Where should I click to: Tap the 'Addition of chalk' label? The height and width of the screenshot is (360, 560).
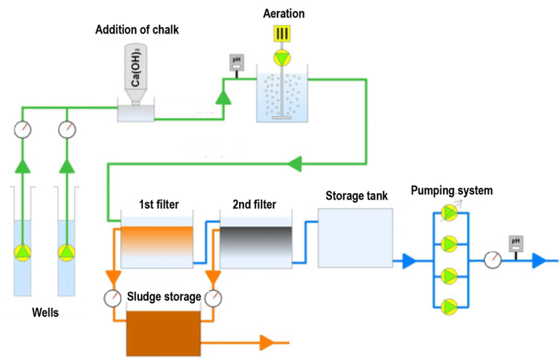click(136, 30)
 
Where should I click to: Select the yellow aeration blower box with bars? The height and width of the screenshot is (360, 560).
click(283, 33)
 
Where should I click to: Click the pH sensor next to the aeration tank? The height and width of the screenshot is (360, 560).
click(236, 63)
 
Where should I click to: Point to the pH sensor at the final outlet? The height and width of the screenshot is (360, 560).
click(516, 244)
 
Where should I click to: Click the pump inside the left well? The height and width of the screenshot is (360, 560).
click(23, 252)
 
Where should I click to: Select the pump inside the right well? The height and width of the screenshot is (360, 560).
click(68, 252)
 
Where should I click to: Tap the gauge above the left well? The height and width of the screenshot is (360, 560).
click(23, 129)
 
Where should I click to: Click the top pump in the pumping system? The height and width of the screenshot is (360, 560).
click(449, 214)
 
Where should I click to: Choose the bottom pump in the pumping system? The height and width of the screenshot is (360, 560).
click(449, 306)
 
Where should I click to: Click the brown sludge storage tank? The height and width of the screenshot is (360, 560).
click(163, 332)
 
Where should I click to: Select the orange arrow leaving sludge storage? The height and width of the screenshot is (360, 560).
click(267, 342)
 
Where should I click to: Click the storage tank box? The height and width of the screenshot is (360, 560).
click(355, 237)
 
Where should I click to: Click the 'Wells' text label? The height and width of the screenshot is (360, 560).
click(45, 313)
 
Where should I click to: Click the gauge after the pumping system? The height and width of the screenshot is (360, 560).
click(491, 260)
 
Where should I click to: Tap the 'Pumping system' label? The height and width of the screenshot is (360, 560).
click(451, 191)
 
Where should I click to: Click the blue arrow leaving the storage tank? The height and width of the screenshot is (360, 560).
click(406, 261)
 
